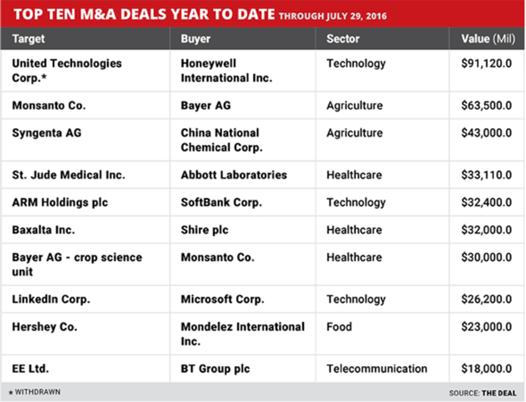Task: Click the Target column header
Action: click(x=28, y=39)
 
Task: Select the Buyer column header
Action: click(x=195, y=39)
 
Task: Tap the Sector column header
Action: click(x=343, y=39)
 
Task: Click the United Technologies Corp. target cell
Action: click(x=67, y=70)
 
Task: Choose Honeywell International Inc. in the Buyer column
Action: click(x=226, y=70)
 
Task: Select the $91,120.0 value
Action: click(x=486, y=64)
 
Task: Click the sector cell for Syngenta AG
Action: click(x=354, y=133)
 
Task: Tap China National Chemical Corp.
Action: click(x=221, y=140)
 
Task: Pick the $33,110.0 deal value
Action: click(x=486, y=175)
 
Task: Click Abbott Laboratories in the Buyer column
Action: click(x=234, y=175)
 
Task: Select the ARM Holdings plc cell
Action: click(x=60, y=203)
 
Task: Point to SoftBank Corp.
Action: click(x=221, y=203)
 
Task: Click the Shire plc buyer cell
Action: click(x=204, y=230)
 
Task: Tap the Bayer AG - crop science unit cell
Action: click(x=77, y=264)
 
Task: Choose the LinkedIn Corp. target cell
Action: click(x=51, y=299)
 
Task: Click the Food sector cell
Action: click(x=339, y=327)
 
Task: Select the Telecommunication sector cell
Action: click(x=377, y=369)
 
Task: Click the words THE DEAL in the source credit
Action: click(x=499, y=393)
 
